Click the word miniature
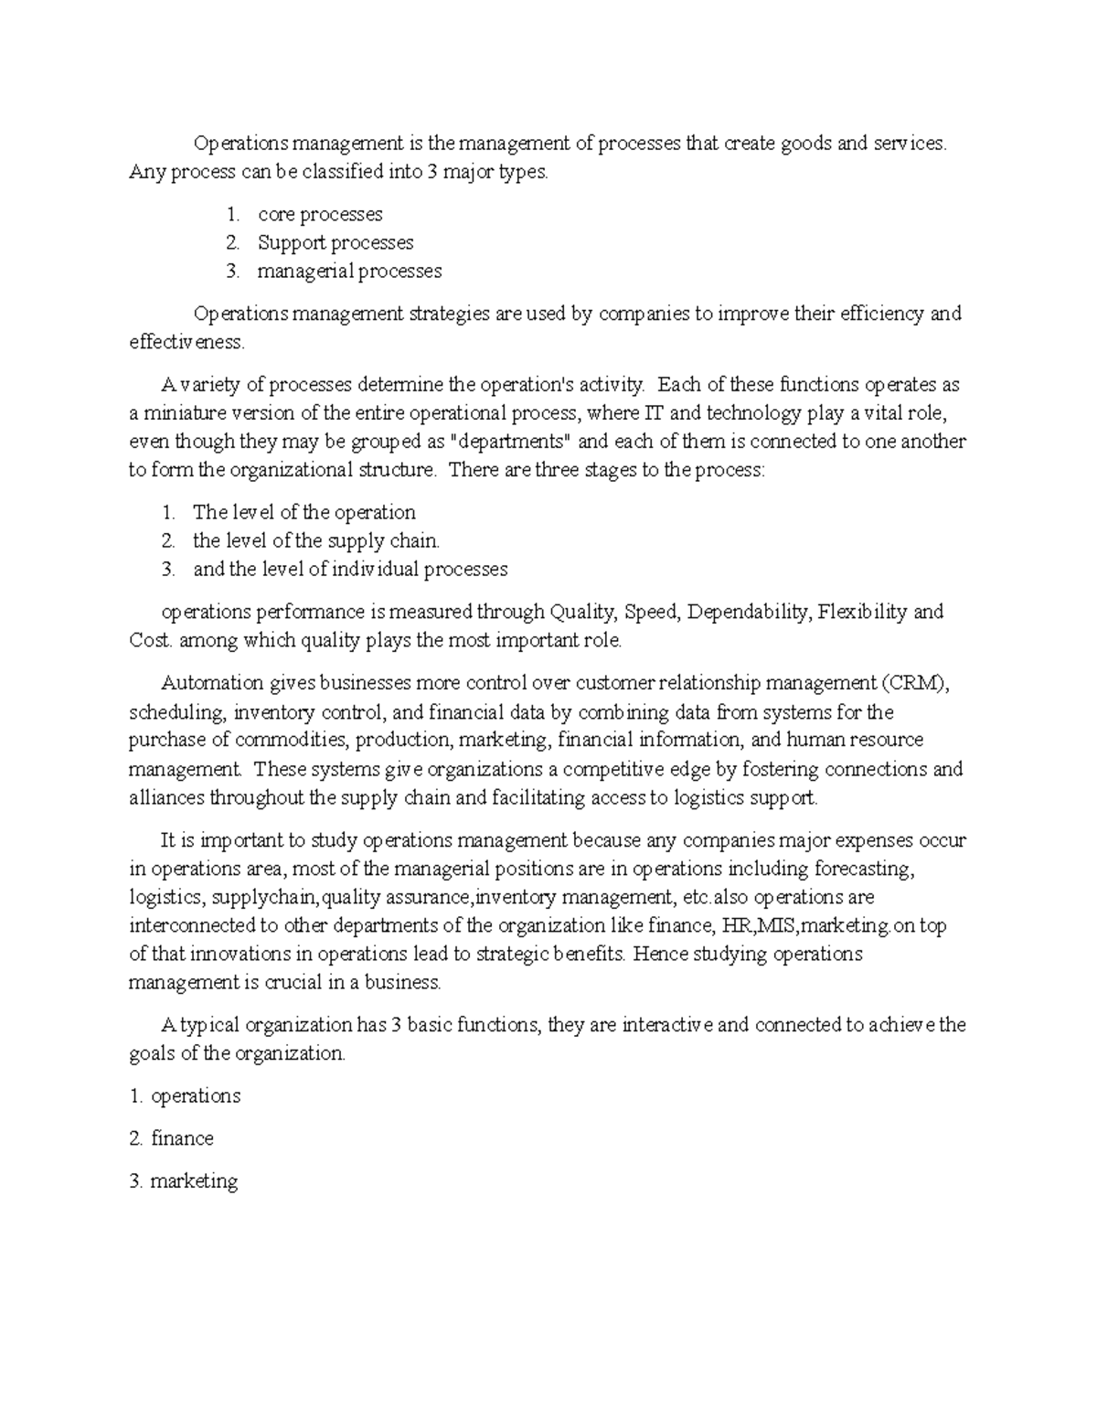182,413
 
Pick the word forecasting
858,868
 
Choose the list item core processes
320,214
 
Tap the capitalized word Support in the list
292,242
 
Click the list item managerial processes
349,271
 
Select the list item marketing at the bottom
194,1180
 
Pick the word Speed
649,612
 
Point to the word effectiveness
186,342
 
